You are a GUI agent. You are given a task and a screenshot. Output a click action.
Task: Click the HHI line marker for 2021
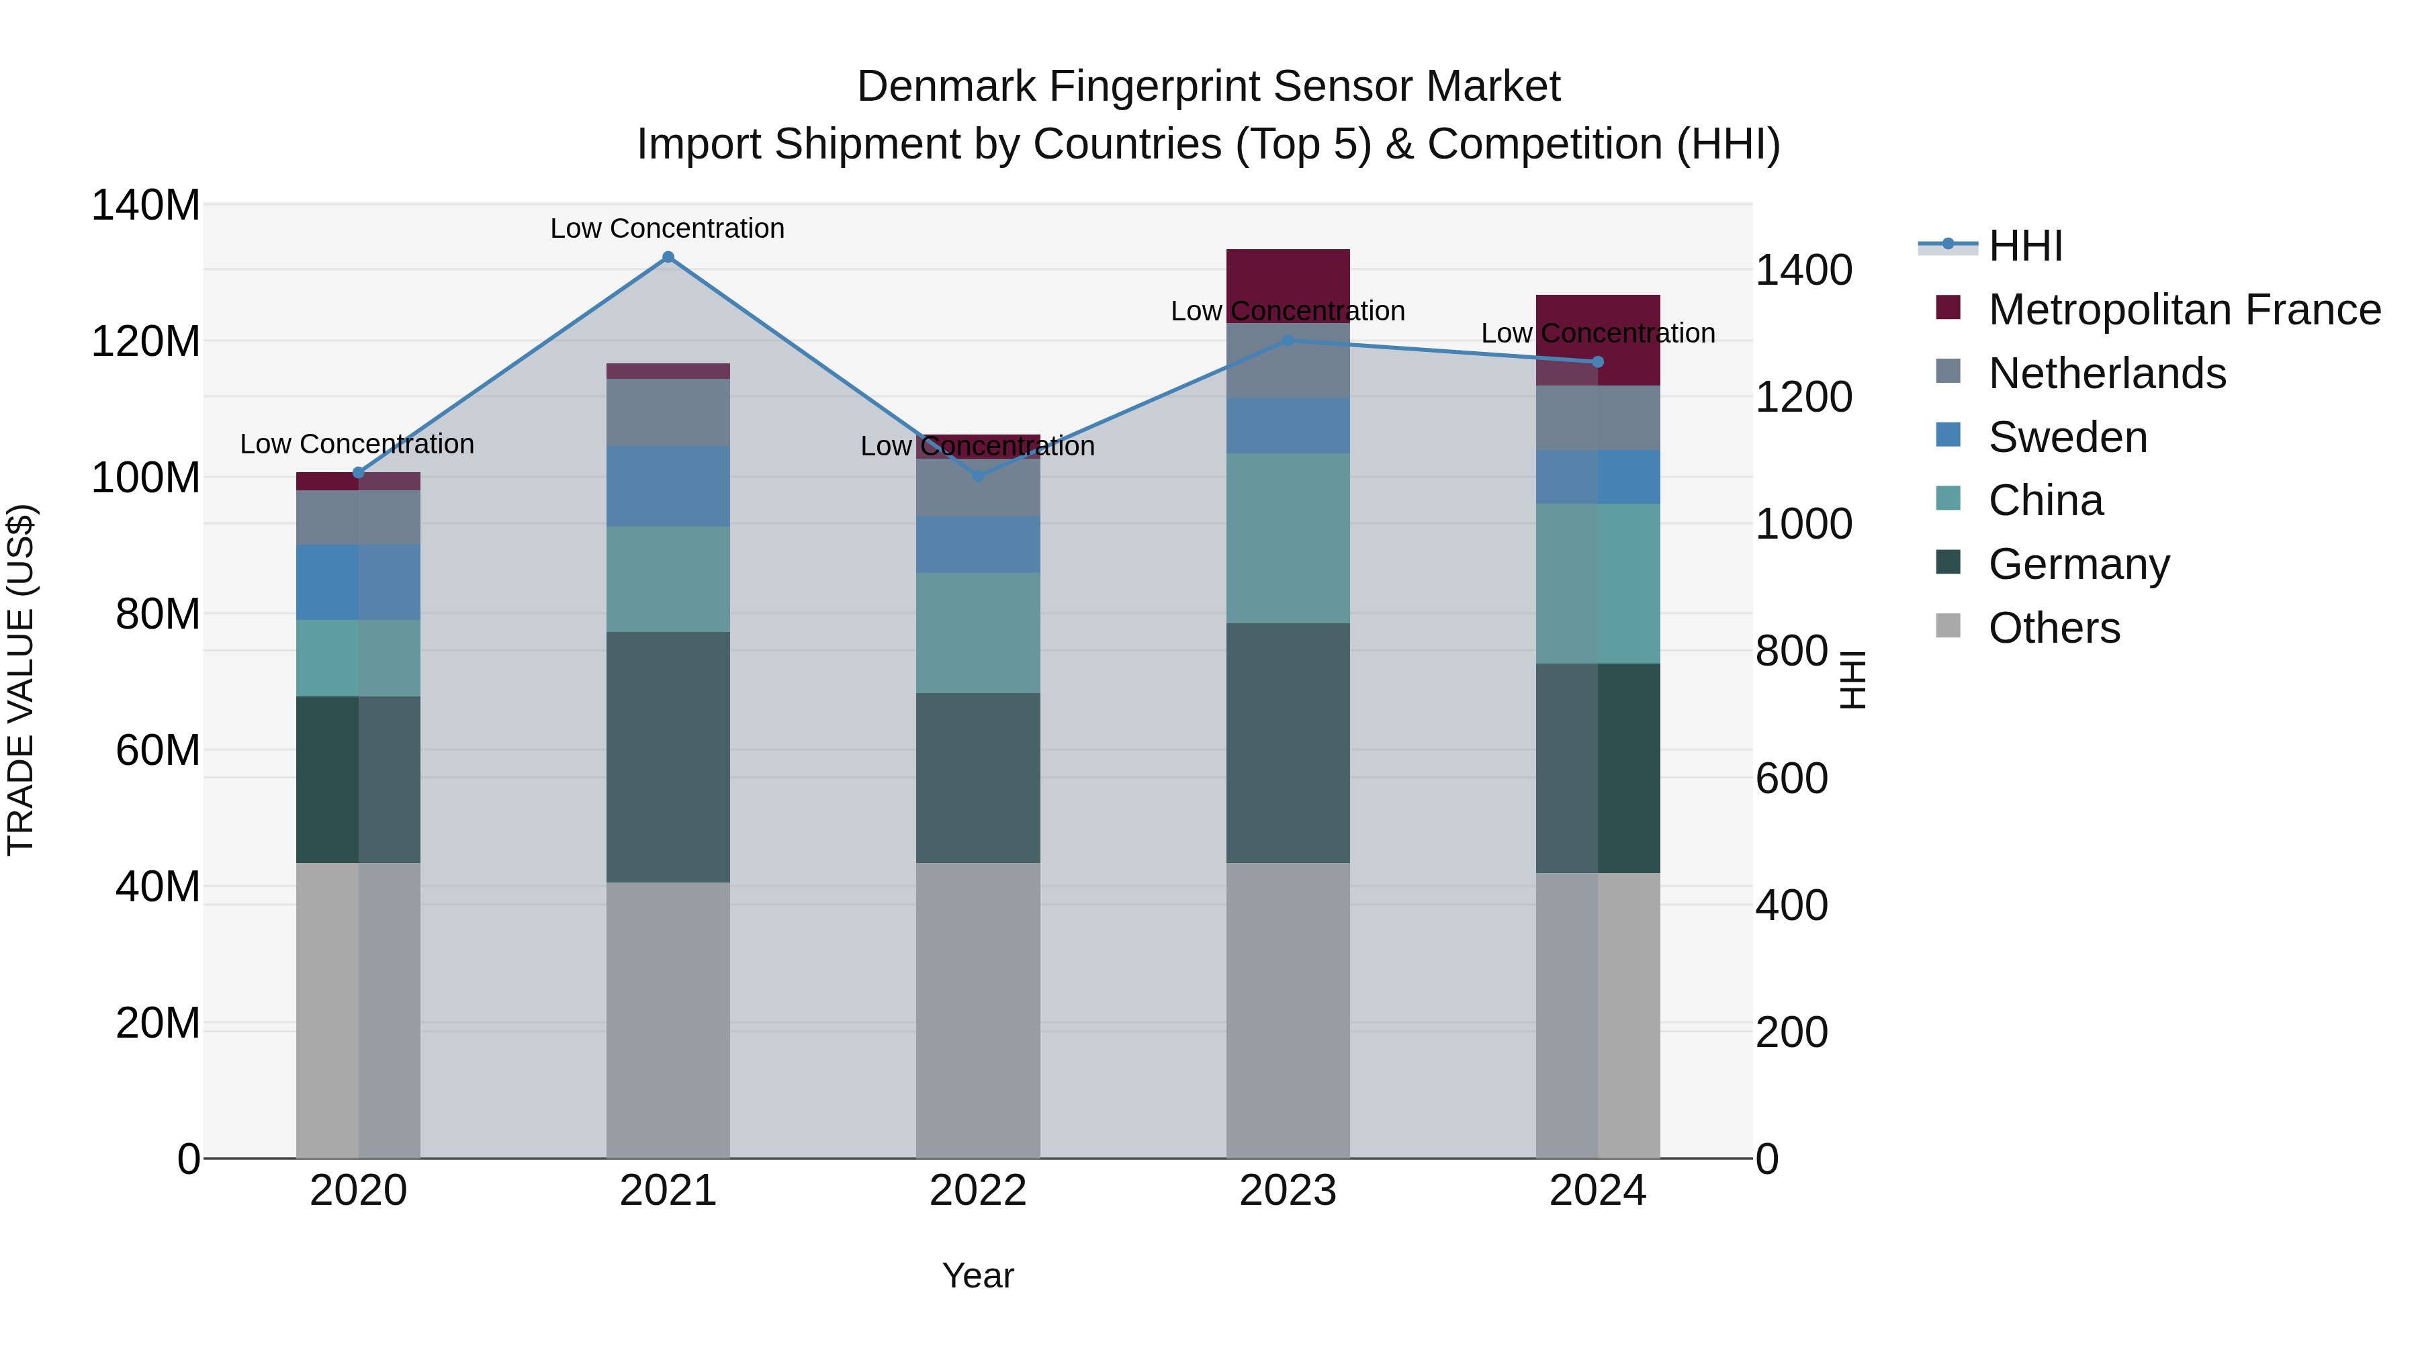click(x=668, y=257)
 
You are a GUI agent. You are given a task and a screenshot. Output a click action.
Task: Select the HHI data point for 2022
click(x=978, y=476)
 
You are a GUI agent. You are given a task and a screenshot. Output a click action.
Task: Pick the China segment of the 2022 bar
click(x=978, y=633)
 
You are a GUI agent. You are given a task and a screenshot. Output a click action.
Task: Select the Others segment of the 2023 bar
click(x=1288, y=1010)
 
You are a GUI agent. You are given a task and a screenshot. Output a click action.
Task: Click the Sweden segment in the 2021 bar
click(x=668, y=486)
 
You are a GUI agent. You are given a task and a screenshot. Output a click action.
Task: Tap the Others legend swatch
click(x=1948, y=626)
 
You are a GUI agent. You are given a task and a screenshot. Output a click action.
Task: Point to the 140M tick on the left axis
click(x=146, y=205)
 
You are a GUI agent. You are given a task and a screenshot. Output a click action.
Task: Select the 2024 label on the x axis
click(x=1598, y=1191)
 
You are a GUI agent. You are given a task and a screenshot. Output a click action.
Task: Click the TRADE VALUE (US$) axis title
click(x=21, y=680)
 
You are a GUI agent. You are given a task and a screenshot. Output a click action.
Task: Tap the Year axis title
click(x=977, y=1275)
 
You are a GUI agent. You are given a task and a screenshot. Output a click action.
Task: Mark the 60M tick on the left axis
click(x=158, y=750)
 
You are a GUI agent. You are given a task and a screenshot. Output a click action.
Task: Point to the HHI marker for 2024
click(x=1598, y=362)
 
